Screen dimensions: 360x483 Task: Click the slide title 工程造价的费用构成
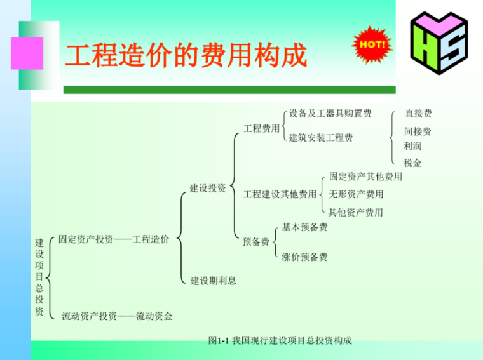point(186,57)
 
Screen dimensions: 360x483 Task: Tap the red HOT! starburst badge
point(372,44)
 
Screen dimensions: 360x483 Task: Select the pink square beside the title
point(27,53)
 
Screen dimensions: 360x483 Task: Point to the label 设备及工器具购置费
point(330,114)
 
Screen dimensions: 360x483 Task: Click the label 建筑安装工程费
point(321,138)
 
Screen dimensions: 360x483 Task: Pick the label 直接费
point(418,114)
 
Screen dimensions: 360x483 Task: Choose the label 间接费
point(418,131)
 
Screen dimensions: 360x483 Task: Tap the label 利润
point(412,146)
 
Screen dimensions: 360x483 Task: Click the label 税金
point(412,163)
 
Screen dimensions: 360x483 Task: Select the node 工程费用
point(262,128)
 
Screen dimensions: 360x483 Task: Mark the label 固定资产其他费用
point(365,177)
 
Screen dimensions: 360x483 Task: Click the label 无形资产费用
point(356,194)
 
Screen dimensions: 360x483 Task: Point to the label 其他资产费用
point(356,212)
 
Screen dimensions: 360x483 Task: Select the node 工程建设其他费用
point(280,194)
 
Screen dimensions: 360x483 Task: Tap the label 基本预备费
point(305,227)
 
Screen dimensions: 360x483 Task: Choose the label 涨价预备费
point(305,257)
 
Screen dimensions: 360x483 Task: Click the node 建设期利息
point(214,281)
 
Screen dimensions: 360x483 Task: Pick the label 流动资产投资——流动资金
point(117,316)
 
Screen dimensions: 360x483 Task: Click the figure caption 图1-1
point(280,341)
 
